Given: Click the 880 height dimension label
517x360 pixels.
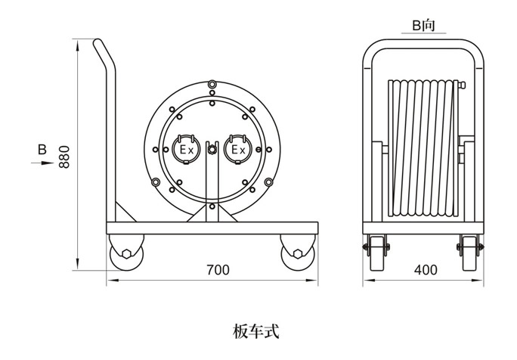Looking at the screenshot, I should tap(65, 156).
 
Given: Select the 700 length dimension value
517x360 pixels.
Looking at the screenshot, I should tap(217, 270).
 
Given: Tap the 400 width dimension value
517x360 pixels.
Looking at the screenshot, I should tap(426, 270).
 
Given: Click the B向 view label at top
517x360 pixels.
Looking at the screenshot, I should tap(423, 25).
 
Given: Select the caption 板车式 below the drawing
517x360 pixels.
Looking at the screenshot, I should tap(258, 330).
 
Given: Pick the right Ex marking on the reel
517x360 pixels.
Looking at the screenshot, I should tap(238, 149).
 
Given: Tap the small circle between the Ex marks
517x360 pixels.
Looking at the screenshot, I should tap(212, 149).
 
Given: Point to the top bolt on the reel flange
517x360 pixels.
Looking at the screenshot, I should tap(212, 81).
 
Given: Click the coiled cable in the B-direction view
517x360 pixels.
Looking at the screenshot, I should tap(423, 144).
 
